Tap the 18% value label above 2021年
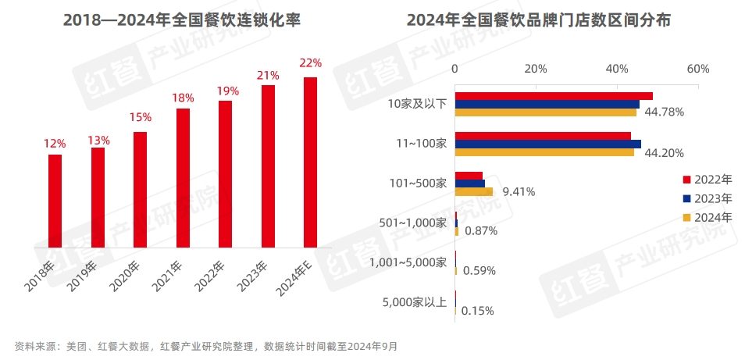click(183, 98)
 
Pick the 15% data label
click(141, 117)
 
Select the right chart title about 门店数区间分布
click(538, 20)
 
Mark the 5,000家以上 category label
click(415, 302)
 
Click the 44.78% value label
click(664, 112)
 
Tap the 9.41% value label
click(519, 191)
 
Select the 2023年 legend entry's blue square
click(687, 198)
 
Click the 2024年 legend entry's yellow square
click(687, 217)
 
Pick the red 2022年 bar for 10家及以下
click(554, 96)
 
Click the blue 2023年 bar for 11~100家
click(547, 144)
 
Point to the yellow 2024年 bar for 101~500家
click(474, 191)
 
